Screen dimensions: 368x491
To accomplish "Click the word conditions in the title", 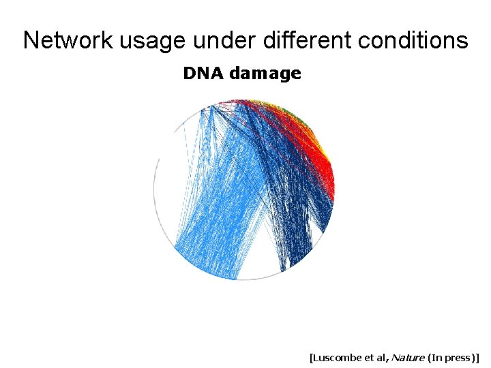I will [414, 40].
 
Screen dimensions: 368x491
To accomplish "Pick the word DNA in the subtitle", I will [204, 74].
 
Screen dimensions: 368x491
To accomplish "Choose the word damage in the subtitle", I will [265, 74].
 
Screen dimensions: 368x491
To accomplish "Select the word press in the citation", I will [458, 356].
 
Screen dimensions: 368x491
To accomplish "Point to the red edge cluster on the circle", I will [315, 164].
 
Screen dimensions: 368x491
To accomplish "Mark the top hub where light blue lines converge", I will [212, 106].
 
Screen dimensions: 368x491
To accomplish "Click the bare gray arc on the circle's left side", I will [155, 191].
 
